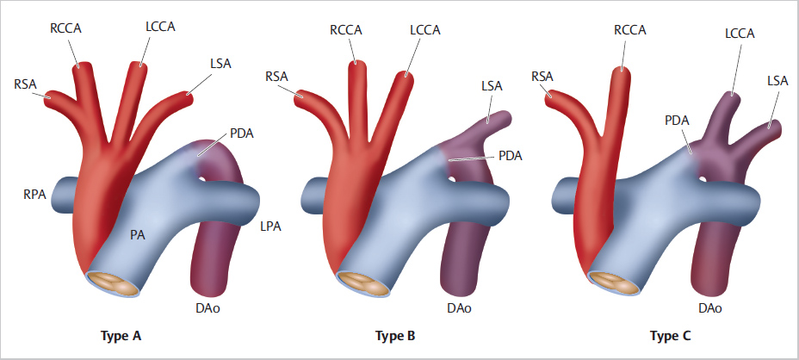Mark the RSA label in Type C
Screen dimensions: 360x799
click(x=542, y=77)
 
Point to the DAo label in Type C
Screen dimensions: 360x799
click(x=709, y=308)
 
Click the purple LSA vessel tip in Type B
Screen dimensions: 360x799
click(x=504, y=118)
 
